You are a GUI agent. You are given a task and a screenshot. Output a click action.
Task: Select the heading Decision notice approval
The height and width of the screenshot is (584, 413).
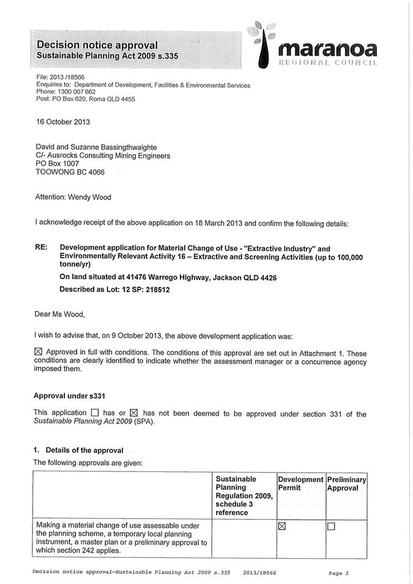click(97, 45)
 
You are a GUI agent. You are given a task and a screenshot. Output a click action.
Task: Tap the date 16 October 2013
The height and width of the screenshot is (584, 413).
click(63, 121)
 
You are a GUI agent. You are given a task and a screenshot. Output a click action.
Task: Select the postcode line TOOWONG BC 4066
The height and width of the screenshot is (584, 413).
click(70, 172)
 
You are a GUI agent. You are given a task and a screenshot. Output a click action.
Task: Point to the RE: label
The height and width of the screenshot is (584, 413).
click(42, 249)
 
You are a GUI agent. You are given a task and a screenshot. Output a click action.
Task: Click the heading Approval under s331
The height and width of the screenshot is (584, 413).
click(73, 395)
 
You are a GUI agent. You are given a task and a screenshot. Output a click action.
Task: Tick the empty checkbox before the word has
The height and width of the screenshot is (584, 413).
click(94, 413)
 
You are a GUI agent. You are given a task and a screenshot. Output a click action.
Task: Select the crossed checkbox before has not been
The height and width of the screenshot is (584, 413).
click(135, 413)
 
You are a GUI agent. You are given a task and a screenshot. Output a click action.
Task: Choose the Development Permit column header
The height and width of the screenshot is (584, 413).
click(300, 484)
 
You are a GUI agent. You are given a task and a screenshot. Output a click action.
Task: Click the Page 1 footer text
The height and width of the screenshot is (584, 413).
click(338, 573)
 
